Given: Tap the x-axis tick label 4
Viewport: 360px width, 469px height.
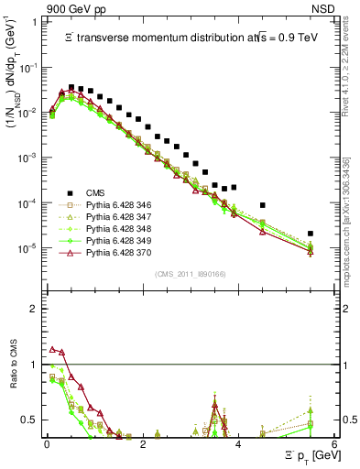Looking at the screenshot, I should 238,442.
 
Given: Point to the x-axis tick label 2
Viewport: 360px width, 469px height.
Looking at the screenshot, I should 142,442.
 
